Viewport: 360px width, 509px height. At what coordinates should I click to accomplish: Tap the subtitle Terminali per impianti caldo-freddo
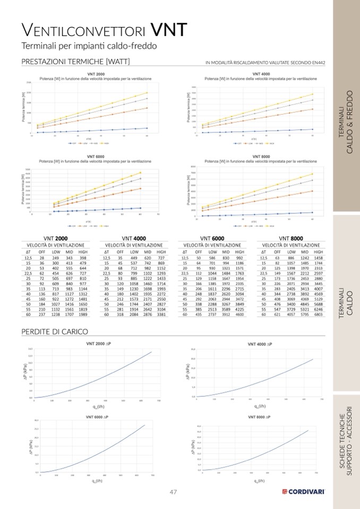pos(89,46)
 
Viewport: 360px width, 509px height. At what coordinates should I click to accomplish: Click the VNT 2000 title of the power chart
pos(96,74)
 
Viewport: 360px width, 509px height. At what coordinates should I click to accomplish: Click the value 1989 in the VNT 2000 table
pos(83,314)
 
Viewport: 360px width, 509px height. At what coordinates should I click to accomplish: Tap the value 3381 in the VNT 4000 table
pos(161,314)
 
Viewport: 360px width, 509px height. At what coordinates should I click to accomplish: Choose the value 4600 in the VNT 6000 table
pos(239,314)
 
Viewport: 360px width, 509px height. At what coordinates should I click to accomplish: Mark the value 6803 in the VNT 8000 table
pos(318,314)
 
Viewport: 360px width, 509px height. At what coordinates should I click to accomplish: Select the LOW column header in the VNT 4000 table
pos(134,252)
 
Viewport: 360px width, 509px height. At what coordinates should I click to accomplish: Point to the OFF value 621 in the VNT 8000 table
pos(277,314)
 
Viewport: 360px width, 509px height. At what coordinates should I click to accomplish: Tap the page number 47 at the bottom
pos(173,492)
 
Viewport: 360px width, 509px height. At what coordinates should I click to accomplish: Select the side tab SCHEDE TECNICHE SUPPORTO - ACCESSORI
pos(346,441)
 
